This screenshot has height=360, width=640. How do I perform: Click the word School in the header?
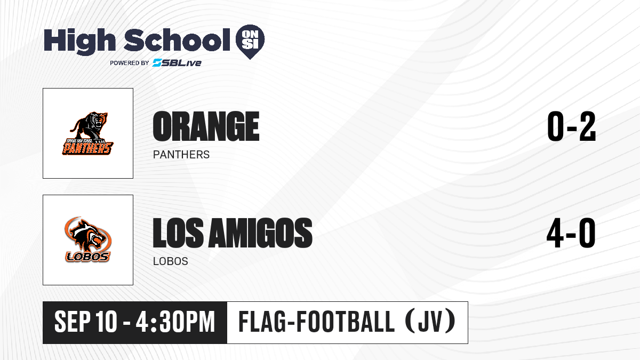177,40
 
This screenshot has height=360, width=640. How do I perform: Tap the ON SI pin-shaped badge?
250,42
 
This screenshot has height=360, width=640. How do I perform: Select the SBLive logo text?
177,62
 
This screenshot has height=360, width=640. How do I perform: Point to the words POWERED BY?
130,63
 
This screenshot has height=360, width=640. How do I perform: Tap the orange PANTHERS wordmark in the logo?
87,148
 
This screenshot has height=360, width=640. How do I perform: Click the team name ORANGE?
206,126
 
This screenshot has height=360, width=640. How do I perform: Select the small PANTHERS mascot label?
181,155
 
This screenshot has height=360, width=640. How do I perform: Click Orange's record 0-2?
571,126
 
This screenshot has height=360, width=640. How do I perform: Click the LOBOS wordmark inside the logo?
87,257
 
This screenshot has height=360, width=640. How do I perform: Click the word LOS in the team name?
178,233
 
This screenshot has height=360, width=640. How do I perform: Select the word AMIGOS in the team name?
260,233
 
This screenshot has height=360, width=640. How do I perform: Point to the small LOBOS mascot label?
171,261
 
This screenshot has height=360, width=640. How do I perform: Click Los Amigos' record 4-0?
571,233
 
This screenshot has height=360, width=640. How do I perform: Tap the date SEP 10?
86,322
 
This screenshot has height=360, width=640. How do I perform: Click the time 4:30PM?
175,322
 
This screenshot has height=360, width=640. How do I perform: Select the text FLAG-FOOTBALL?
317,322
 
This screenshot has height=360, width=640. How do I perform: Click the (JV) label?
430,322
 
